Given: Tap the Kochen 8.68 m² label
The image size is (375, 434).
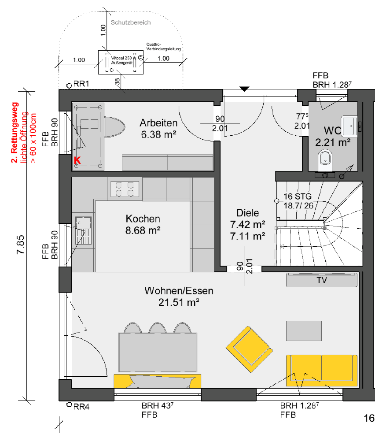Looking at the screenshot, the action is (x=143, y=224).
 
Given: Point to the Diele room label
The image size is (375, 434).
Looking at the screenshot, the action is (x=247, y=213).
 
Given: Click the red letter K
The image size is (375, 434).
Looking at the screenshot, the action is (x=77, y=160).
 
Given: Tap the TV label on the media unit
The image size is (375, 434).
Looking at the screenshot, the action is (x=322, y=280).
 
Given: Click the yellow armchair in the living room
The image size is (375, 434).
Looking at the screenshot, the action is (x=249, y=349).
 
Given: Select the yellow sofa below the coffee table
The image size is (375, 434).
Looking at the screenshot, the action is (x=322, y=371).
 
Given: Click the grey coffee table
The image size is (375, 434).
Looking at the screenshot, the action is (x=304, y=331).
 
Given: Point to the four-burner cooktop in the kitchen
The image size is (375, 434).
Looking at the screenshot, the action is (x=125, y=189).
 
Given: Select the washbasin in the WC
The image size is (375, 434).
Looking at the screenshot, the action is (x=349, y=126).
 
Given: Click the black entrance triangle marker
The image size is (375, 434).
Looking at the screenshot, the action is (x=244, y=89).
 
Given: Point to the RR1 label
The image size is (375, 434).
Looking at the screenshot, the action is (x=81, y=84).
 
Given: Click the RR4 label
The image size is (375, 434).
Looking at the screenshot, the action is (x=81, y=407).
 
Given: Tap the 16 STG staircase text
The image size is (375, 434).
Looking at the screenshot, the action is (x=297, y=196).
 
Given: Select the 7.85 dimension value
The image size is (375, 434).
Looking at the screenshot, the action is (x=20, y=245).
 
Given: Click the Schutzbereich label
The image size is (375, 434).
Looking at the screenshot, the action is (x=131, y=22).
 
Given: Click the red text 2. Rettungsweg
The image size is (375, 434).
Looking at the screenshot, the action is (x=15, y=132).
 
